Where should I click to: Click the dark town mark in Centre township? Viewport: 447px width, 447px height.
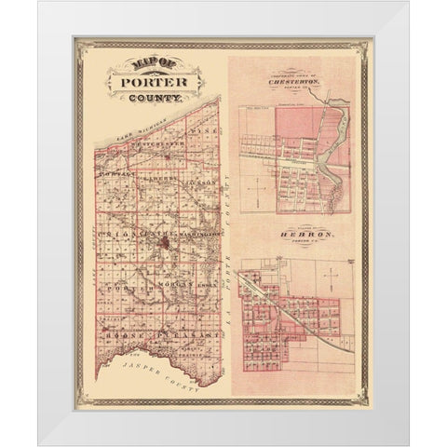pyautogui.click(x=163, y=245)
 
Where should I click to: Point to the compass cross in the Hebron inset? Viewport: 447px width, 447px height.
pyautogui.click(x=328, y=273)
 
